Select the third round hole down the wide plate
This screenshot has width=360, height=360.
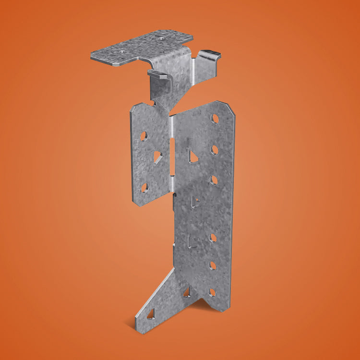click(x=214, y=180)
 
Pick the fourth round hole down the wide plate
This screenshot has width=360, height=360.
click(x=213, y=238)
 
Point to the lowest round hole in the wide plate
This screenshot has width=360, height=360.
click(x=212, y=291)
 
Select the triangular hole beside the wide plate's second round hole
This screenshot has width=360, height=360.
click(x=193, y=156)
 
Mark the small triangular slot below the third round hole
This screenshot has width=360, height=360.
click(x=195, y=201)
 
